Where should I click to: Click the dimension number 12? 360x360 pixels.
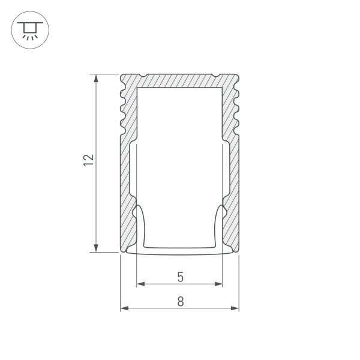[x=89, y=160]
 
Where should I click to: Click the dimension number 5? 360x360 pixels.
[x=180, y=277]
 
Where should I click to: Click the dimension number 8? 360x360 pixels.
[x=180, y=302]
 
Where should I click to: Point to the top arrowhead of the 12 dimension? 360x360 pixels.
[x=97, y=78]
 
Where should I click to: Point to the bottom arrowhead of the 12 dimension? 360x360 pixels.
[x=97, y=248]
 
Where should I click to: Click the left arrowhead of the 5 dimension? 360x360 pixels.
[x=141, y=283]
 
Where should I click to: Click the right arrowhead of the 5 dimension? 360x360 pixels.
[x=219, y=283]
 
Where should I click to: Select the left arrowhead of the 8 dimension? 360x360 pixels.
[x=125, y=308]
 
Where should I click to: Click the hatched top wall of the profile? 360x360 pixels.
[x=180, y=80]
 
